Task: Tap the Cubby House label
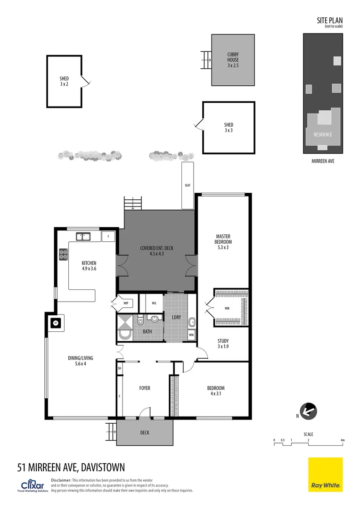click(233, 60)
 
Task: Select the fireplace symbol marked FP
click(55, 323)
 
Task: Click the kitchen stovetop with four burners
click(63, 254)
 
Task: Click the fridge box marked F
click(108, 236)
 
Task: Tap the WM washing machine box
click(191, 335)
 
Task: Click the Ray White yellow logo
click(326, 475)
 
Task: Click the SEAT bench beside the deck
click(188, 185)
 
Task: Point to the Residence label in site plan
click(323, 134)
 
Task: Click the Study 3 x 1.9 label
click(222, 344)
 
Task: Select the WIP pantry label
click(126, 303)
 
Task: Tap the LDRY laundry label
click(176, 317)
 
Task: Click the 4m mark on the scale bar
click(343, 440)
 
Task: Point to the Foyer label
click(145, 388)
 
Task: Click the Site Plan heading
click(329, 20)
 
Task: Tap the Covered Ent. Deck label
click(156, 251)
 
